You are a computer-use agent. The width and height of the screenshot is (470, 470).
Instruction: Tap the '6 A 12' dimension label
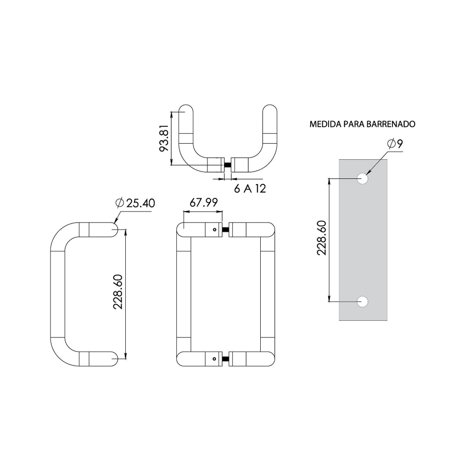click(x=250, y=189)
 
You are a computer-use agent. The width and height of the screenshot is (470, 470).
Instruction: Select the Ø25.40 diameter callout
click(x=135, y=203)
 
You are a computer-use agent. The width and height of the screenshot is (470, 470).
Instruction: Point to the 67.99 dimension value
click(x=203, y=202)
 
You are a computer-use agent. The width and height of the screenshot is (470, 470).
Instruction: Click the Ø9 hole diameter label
click(x=395, y=144)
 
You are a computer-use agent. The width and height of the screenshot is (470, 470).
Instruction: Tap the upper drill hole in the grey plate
click(x=363, y=179)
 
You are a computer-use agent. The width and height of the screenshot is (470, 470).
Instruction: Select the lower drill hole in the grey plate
click(x=363, y=302)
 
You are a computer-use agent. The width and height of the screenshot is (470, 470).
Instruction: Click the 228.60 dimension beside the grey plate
click(x=322, y=238)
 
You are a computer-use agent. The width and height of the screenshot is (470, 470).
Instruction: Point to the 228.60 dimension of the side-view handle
click(x=118, y=292)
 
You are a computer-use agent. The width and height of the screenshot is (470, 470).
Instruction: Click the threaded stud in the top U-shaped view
click(x=227, y=165)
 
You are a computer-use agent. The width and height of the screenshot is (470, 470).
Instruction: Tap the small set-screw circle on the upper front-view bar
click(x=215, y=230)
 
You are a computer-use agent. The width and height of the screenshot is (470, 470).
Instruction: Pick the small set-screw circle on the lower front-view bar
click(x=215, y=359)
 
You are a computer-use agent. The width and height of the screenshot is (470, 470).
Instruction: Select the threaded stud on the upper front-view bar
click(x=225, y=230)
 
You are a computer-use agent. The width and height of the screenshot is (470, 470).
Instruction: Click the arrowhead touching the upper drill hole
click(x=368, y=172)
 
